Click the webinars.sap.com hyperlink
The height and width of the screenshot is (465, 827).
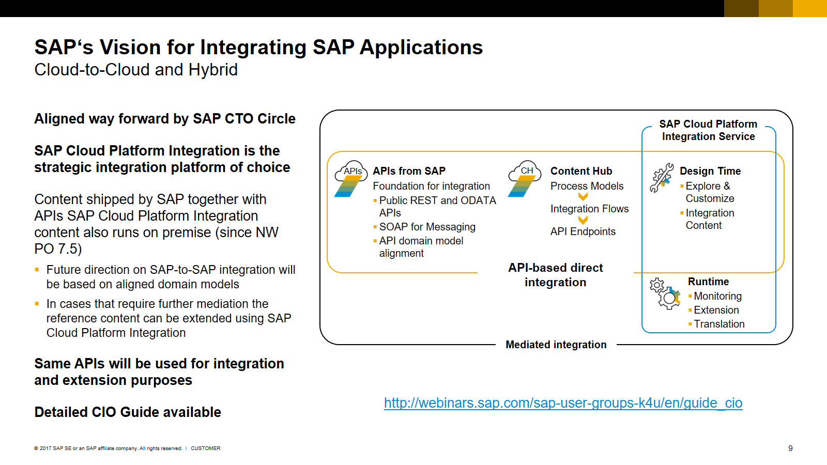coord(563,403)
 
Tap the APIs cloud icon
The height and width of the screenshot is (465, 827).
coord(351,178)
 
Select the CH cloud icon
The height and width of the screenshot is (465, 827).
coord(524,178)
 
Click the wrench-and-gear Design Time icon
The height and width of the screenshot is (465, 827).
coord(662,178)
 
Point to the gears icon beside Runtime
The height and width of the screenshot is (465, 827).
coord(665,293)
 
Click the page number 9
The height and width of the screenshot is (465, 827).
coord(790,448)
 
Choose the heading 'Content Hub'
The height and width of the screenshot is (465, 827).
coord(581,171)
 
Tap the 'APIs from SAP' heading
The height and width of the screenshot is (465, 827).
coord(409,171)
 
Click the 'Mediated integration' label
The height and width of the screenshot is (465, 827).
coord(556,345)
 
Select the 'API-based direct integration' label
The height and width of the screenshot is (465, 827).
coord(556,275)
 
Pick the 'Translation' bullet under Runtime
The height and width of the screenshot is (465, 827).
coord(719,324)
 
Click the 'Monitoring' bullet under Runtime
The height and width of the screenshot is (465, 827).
coord(717,296)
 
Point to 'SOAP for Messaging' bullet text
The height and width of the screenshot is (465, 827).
coord(427,227)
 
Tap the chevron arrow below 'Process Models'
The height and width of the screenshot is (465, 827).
coord(583,197)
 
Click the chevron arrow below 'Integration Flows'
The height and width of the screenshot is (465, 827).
coord(583,220)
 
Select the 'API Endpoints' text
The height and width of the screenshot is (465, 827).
coord(583,231)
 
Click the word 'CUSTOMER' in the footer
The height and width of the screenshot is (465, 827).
coord(205,448)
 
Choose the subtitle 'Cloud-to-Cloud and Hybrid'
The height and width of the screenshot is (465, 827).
coord(136,70)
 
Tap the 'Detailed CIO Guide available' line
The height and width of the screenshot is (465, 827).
coord(128,412)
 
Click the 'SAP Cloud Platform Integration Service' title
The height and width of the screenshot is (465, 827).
coord(708,130)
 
